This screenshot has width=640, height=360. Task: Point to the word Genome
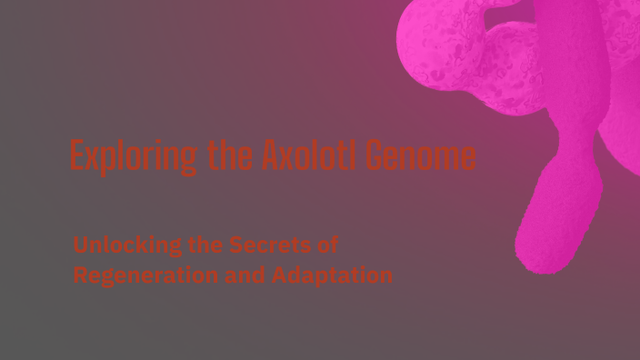(421, 157)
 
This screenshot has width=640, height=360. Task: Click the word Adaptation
(333, 275)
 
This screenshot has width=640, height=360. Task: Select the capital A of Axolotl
(270, 157)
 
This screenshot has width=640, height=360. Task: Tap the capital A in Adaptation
(279, 275)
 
